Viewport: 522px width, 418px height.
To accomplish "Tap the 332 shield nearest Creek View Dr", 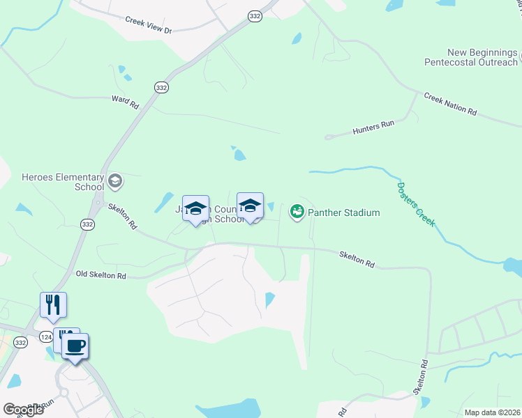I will [x=255, y=16].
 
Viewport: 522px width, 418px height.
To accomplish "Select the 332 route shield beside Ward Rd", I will [x=161, y=87].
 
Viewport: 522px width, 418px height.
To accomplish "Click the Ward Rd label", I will [x=126, y=102].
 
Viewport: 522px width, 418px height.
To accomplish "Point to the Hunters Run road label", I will [x=373, y=125].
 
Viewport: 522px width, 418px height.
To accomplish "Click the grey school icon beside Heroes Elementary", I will [x=114, y=182].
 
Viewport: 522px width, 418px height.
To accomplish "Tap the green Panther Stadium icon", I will [x=297, y=210].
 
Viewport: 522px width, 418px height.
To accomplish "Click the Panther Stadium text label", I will [x=345, y=212].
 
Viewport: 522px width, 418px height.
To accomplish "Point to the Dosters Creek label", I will [x=416, y=203].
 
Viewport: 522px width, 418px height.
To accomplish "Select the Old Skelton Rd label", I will [x=100, y=276].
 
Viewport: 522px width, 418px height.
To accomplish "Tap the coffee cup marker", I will [x=75, y=346].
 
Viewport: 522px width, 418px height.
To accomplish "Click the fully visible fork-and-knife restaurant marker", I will [x=53, y=304].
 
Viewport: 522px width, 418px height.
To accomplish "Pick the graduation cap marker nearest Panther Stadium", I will [x=250, y=206].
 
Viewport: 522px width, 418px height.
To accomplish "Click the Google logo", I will [x=23, y=409].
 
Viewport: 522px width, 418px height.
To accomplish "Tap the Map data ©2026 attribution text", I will [x=492, y=412].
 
